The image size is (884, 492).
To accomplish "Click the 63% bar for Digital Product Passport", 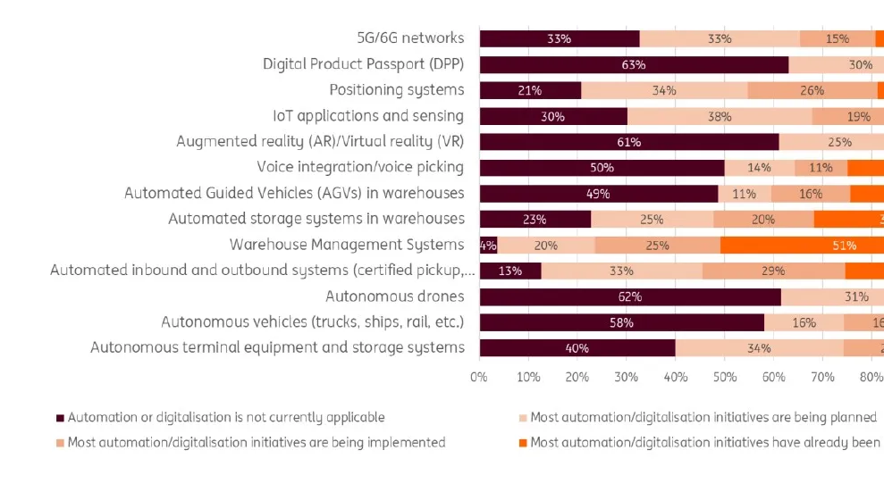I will coord(634,64).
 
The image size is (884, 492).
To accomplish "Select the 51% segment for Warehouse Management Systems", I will coord(802,245).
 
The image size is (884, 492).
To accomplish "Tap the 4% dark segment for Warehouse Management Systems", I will coord(488,245).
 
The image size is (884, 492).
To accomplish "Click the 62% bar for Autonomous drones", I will coord(630,296).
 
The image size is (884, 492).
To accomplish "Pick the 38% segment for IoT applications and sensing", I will coord(720,116).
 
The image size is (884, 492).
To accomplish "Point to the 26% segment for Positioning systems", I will coord(812,90).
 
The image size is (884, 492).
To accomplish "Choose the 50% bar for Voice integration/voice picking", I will coord(602,167).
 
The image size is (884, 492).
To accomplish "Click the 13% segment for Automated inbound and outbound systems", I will coord(510,271).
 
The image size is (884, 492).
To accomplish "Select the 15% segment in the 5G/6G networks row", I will coord(838,38).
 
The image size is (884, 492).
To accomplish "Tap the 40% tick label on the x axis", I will coord(676,378).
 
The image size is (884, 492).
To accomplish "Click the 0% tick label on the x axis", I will coord(479,378).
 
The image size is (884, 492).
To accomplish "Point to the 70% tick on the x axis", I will coord(823,378).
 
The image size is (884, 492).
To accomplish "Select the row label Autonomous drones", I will coord(394,296).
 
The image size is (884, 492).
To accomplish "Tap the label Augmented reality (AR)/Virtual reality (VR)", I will coord(320,141).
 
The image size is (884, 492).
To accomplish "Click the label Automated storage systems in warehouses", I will coord(316,219).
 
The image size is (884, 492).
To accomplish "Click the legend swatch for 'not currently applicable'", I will coord(61,418).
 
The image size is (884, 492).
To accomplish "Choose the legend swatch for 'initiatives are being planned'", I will coord(523,418).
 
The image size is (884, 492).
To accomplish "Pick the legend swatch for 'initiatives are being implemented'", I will coord(61,443).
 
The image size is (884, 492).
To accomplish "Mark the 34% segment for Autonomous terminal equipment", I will coord(759,347).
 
